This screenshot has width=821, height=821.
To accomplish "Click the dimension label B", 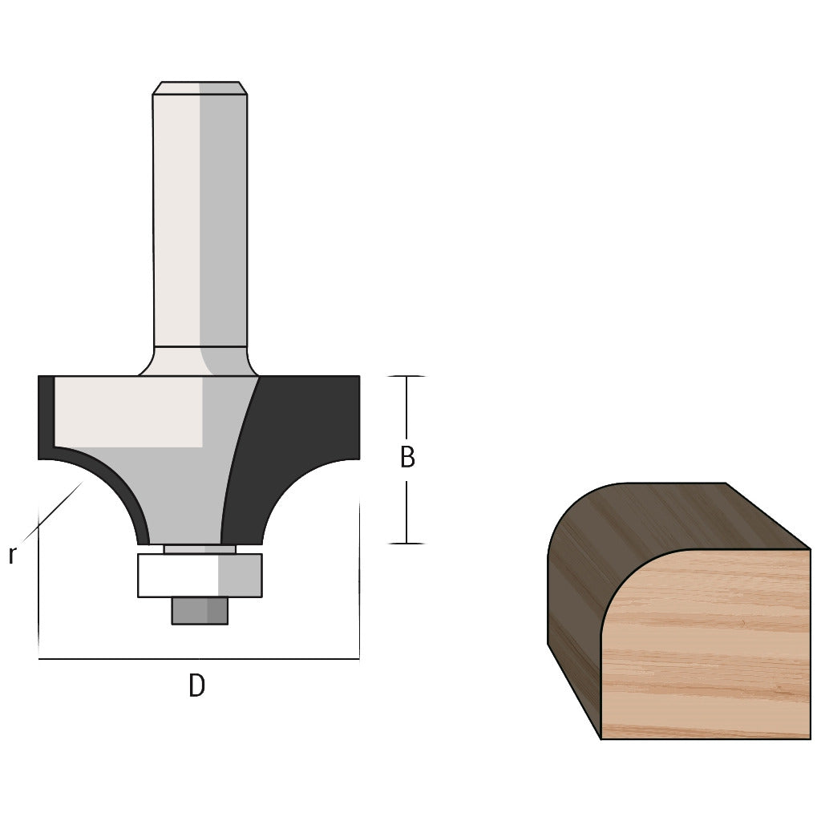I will tap(407, 458).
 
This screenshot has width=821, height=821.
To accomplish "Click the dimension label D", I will tap(196, 686).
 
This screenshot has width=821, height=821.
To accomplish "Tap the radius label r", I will tap(12, 554).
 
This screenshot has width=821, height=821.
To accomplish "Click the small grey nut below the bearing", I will tap(200, 611).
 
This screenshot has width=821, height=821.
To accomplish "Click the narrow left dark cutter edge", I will tap(45, 417).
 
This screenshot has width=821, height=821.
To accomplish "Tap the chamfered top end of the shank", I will tap(200, 87).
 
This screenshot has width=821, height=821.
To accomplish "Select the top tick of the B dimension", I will tap(406, 376).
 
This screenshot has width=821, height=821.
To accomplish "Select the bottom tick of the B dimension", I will tap(406, 544).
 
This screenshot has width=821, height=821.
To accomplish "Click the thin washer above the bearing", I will tap(200, 549).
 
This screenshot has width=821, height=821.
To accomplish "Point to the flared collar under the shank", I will tap(200, 361).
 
